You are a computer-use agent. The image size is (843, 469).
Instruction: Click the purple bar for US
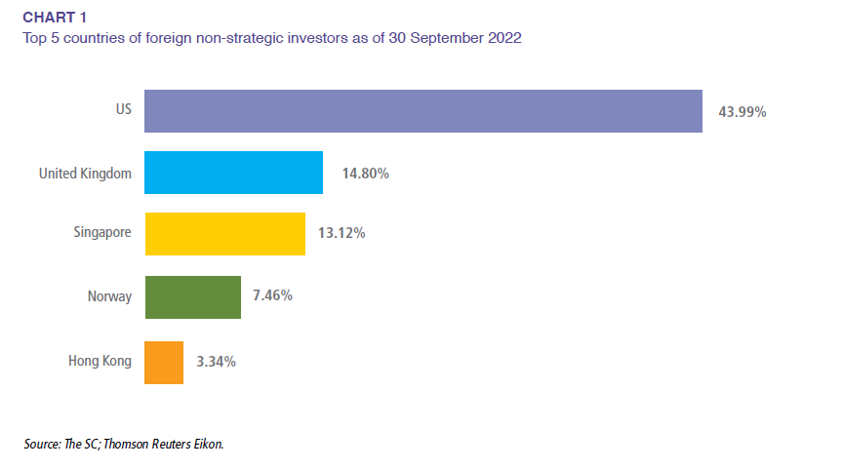coord(423,111)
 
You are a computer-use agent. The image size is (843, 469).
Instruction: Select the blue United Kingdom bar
coord(233,173)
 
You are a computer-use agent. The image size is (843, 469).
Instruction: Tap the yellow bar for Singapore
coord(224,234)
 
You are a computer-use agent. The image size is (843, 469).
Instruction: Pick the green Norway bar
coord(192,296)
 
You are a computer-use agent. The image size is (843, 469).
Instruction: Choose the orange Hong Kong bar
coord(164,362)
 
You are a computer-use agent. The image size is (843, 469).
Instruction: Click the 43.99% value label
coord(743,112)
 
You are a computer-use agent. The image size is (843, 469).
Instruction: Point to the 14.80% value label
coord(366,174)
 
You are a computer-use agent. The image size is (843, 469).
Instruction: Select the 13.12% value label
coord(341,234)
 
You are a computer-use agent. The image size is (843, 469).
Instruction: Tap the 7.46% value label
coord(272,295)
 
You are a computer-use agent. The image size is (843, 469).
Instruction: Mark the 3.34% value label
coord(216,362)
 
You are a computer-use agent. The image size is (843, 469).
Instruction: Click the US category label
coord(123,111)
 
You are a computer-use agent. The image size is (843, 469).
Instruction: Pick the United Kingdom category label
coord(84,174)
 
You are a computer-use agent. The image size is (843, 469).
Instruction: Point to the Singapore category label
coord(102,234)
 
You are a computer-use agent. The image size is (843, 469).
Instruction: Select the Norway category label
coord(110,296)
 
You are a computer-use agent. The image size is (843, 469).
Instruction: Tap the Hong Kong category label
coord(100,362)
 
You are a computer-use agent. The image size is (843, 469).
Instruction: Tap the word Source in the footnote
coord(43,444)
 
